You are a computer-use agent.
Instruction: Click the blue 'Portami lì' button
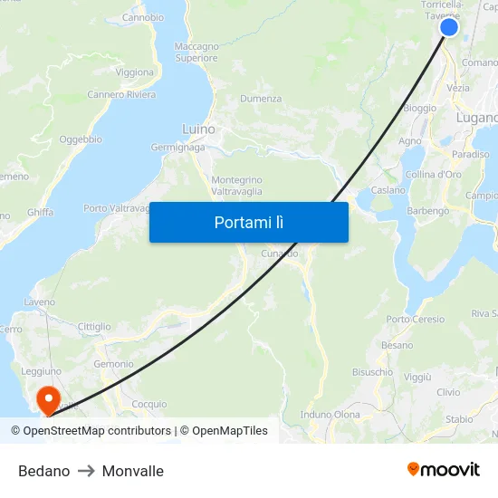[x=248, y=222]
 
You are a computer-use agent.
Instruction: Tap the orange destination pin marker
[x=45, y=397]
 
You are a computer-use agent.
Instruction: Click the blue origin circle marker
[x=449, y=27]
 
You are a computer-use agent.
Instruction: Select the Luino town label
[x=198, y=129]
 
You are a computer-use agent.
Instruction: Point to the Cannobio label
[x=142, y=17]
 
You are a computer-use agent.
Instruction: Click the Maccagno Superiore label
[x=196, y=52]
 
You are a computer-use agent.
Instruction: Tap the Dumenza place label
[x=261, y=99]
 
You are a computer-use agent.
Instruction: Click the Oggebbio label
[x=81, y=139]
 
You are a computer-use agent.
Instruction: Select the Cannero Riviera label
[x=121, y=94]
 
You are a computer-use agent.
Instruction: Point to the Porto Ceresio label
[x=416, y=319]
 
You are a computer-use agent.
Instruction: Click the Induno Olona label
[x=330, y=414]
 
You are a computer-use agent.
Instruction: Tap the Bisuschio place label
[x=372, y=371]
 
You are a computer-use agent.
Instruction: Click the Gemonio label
[x=113, y=363]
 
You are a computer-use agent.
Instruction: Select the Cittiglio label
[x=94, y=327]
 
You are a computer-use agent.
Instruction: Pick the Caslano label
[x=388, y=190]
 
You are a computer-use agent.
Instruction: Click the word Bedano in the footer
[x=43, y=471]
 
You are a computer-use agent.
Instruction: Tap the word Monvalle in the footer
[x=133, y=471]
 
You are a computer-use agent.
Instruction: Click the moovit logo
[x=444, y=469]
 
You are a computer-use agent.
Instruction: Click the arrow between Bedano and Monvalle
[x=86, y=471]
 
